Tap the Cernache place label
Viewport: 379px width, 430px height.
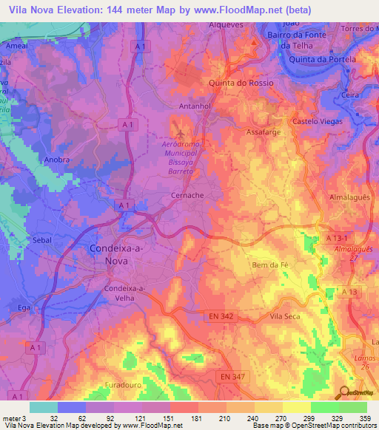click(187, 196)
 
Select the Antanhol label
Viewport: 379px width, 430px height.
click(195, 106)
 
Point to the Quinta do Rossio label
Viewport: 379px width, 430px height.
click(241, 83)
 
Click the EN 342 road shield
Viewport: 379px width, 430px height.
click(220, 316)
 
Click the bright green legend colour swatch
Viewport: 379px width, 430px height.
click(324, 407)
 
